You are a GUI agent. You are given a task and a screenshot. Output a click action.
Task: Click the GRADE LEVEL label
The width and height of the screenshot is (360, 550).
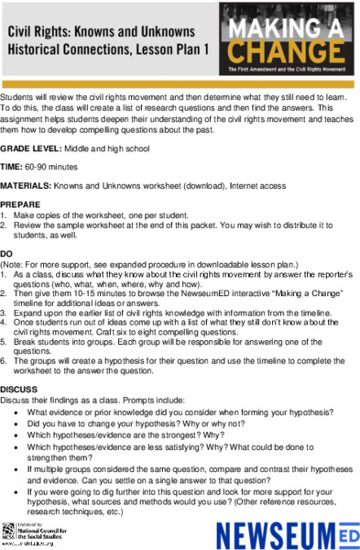[32, 148]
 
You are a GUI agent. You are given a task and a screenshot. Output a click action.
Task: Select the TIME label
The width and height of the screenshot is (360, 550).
[12, 167]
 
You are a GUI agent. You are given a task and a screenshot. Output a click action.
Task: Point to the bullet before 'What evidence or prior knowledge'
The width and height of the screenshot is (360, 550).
[18, 412]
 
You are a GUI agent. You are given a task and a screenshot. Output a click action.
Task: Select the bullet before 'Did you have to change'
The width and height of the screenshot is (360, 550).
[18, 425]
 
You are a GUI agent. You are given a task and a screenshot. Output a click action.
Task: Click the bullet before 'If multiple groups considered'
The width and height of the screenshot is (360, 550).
[18, 469]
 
